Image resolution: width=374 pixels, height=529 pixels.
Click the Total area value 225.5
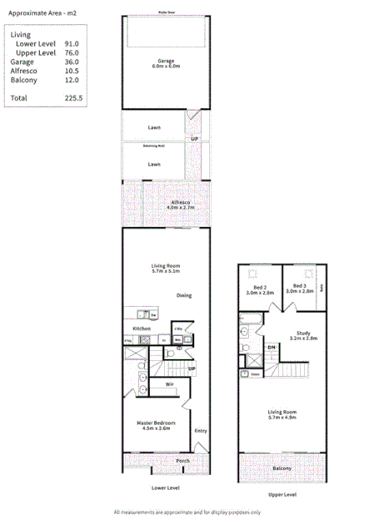coord(74,97)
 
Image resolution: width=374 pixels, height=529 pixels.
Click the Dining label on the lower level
coord(185,295)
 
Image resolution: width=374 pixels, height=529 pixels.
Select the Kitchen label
coord(142,329)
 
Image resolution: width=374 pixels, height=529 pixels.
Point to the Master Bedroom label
coord(153,424)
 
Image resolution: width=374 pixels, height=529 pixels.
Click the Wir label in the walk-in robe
coord(169,384)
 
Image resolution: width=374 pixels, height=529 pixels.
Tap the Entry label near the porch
coord(200,430)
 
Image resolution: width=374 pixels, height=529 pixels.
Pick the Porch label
coord(182,460)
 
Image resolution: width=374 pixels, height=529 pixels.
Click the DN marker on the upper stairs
coord(272,347)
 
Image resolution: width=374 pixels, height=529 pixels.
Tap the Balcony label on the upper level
coord(281,468)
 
